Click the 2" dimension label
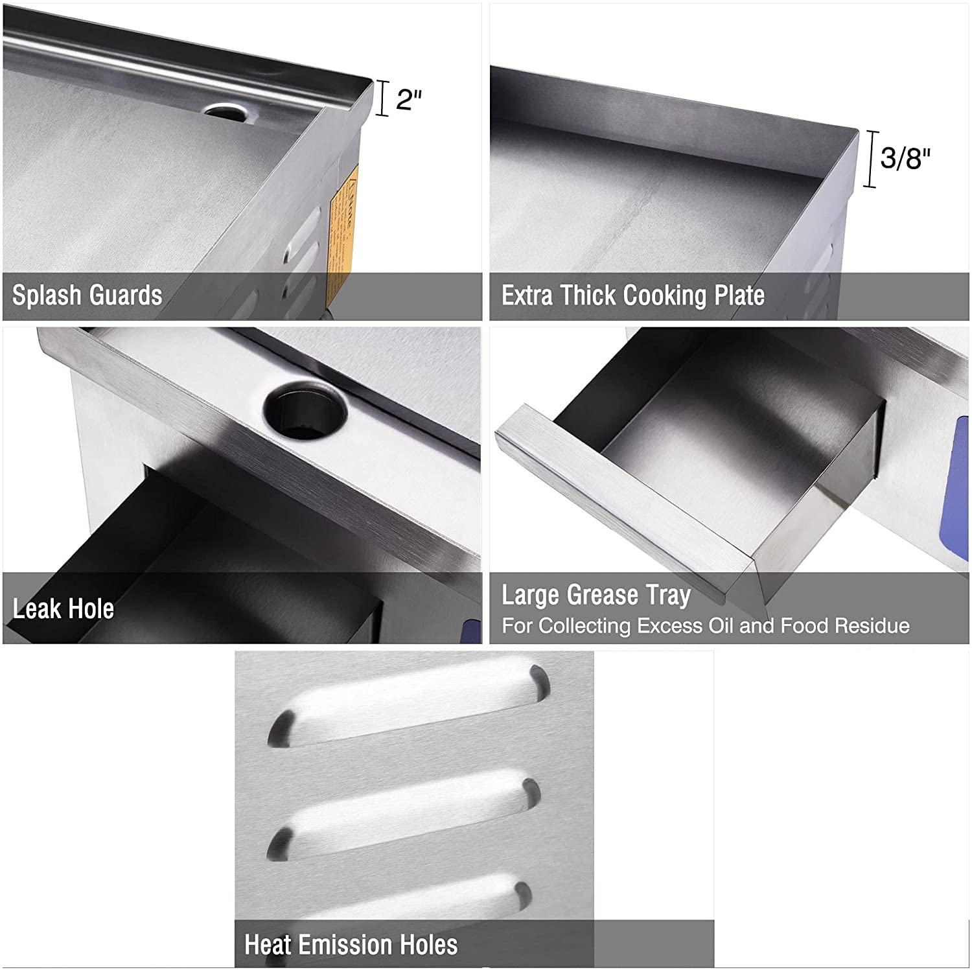409,99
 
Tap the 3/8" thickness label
905,157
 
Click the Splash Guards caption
87,295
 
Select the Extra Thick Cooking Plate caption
632,295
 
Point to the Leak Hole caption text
64,608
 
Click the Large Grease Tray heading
596,595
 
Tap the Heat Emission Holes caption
351,944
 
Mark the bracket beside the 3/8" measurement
872,159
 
